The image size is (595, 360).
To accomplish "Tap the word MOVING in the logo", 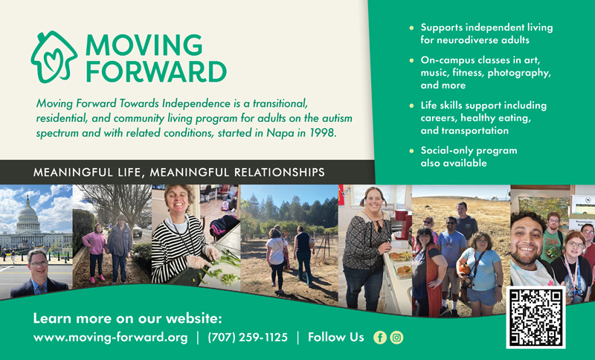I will point(144,45).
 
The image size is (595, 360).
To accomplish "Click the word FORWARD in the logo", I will point(155,71).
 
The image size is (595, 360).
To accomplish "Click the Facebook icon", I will point(379,338).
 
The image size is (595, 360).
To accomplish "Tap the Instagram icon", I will point(396,338).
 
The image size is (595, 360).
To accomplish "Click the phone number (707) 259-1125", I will point(247,338).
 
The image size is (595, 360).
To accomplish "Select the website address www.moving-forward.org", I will point(110,338).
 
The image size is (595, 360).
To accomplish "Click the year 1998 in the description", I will point(324,132).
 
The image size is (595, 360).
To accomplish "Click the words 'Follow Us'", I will point(335,338).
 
